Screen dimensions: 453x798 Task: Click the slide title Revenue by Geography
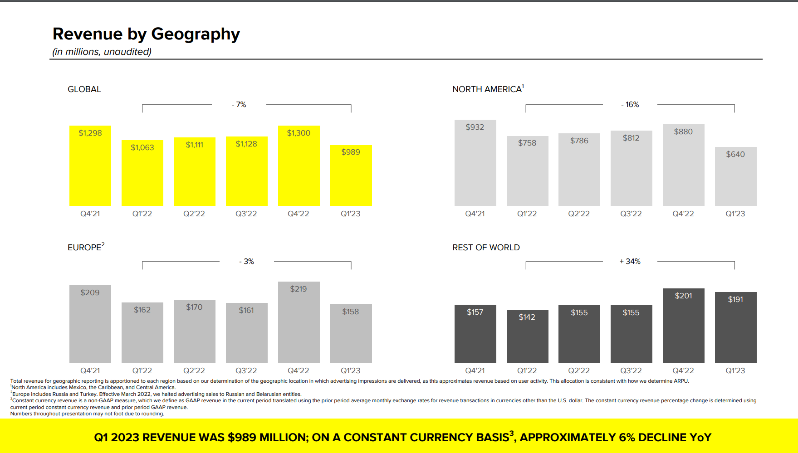click(x=146, y=34)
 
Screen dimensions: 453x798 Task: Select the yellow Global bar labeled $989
click(x=351, y=177)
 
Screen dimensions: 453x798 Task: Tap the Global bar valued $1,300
click(x=299, y=168)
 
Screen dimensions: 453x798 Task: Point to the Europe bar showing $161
click(x=246, y=333)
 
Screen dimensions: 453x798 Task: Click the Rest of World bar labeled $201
click(x=683, y=326)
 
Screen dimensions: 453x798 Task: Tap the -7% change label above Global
click(x=239, y=105)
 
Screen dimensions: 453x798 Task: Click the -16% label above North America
click(x=630, y=105)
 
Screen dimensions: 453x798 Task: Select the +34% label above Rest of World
click(x=630, y=262)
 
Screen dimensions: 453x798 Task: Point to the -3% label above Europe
click(x=247, y=262)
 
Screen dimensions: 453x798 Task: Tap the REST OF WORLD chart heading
click(x=486, y=248)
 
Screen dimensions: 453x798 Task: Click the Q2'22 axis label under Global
click(x=194, y=214)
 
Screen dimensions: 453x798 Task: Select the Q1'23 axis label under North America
click(x=735, y=214)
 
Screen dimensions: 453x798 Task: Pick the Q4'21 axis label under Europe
click(x=90, y=370)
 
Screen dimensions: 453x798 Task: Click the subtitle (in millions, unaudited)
click(x=102, y=52)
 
